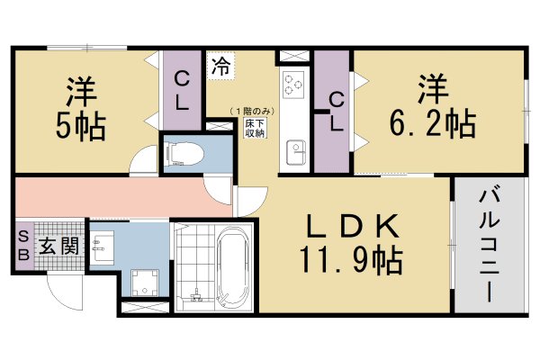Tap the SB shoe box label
click(x=23, y=245)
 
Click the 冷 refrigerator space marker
click(x=220, y=65)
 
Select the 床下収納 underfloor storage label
click(x=255, y=126)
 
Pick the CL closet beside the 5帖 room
click(x=181, y=90)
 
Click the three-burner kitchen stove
click(x=293, y=84)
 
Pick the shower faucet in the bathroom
click(x=195, y=292)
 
